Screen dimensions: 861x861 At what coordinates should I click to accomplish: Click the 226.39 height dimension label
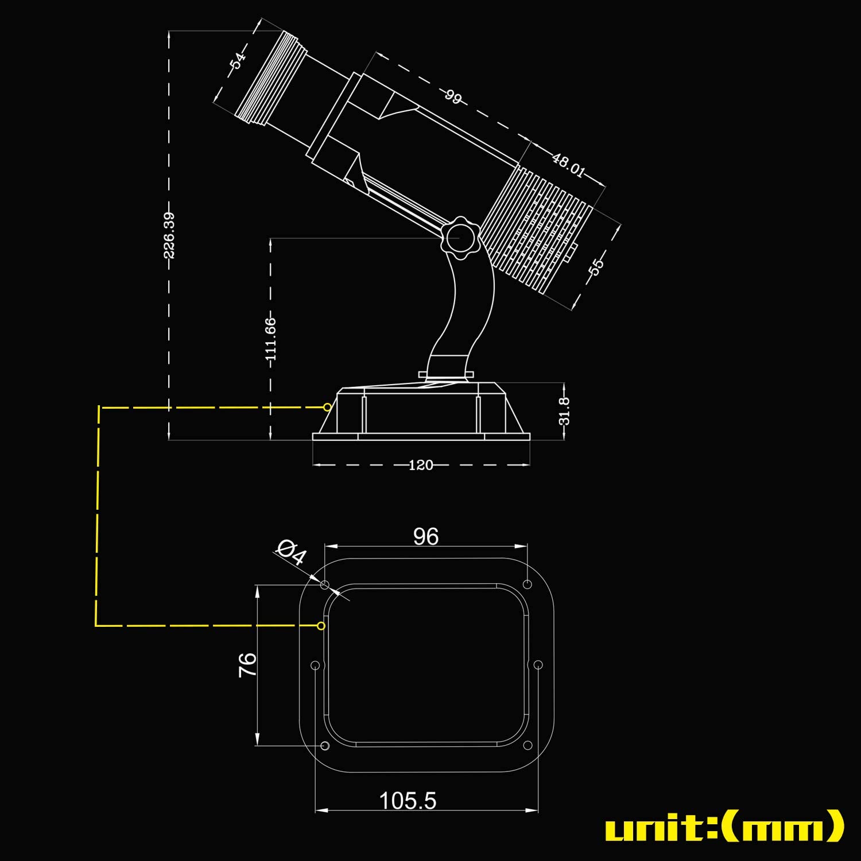(169, 235)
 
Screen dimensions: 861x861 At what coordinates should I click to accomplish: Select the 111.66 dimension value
(271, 339)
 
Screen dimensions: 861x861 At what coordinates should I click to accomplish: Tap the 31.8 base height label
(564, 411)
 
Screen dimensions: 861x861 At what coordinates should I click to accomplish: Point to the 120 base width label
(421, 465)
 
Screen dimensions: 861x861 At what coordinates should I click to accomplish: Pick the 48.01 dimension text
(569, 165)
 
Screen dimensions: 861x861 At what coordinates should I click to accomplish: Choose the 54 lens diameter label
(238, 60)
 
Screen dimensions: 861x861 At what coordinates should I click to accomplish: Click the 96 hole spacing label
(426, 537)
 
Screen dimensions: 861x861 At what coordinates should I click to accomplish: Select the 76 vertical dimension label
(247, 665)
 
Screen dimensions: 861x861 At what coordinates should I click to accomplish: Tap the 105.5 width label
(408, 801)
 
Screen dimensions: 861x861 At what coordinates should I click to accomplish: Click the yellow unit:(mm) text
(724, 826)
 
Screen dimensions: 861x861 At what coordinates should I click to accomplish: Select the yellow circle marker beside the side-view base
(327, 407)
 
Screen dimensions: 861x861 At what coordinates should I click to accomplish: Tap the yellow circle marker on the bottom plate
(321, 626)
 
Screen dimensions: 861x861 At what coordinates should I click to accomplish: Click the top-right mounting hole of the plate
(528, 584)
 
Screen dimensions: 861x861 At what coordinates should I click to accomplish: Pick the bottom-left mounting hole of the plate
(325, 746)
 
